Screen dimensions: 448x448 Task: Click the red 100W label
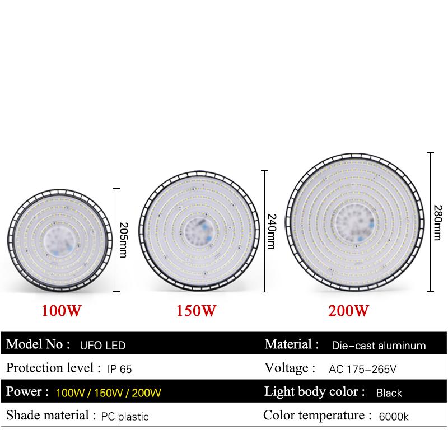(62, 310)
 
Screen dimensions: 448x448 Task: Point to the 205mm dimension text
(124, 240)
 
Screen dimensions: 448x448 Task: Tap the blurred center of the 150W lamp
(197, 230)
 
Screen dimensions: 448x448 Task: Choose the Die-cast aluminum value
(379, 346)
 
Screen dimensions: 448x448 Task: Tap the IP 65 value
(119, 369)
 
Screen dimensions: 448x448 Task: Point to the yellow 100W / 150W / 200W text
(109, 393)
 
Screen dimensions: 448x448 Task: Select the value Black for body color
(389, 393)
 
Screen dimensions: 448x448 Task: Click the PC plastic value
(125, 417)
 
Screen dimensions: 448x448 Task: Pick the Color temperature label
(316, 416)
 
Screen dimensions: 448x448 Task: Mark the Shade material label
(50, 416)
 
